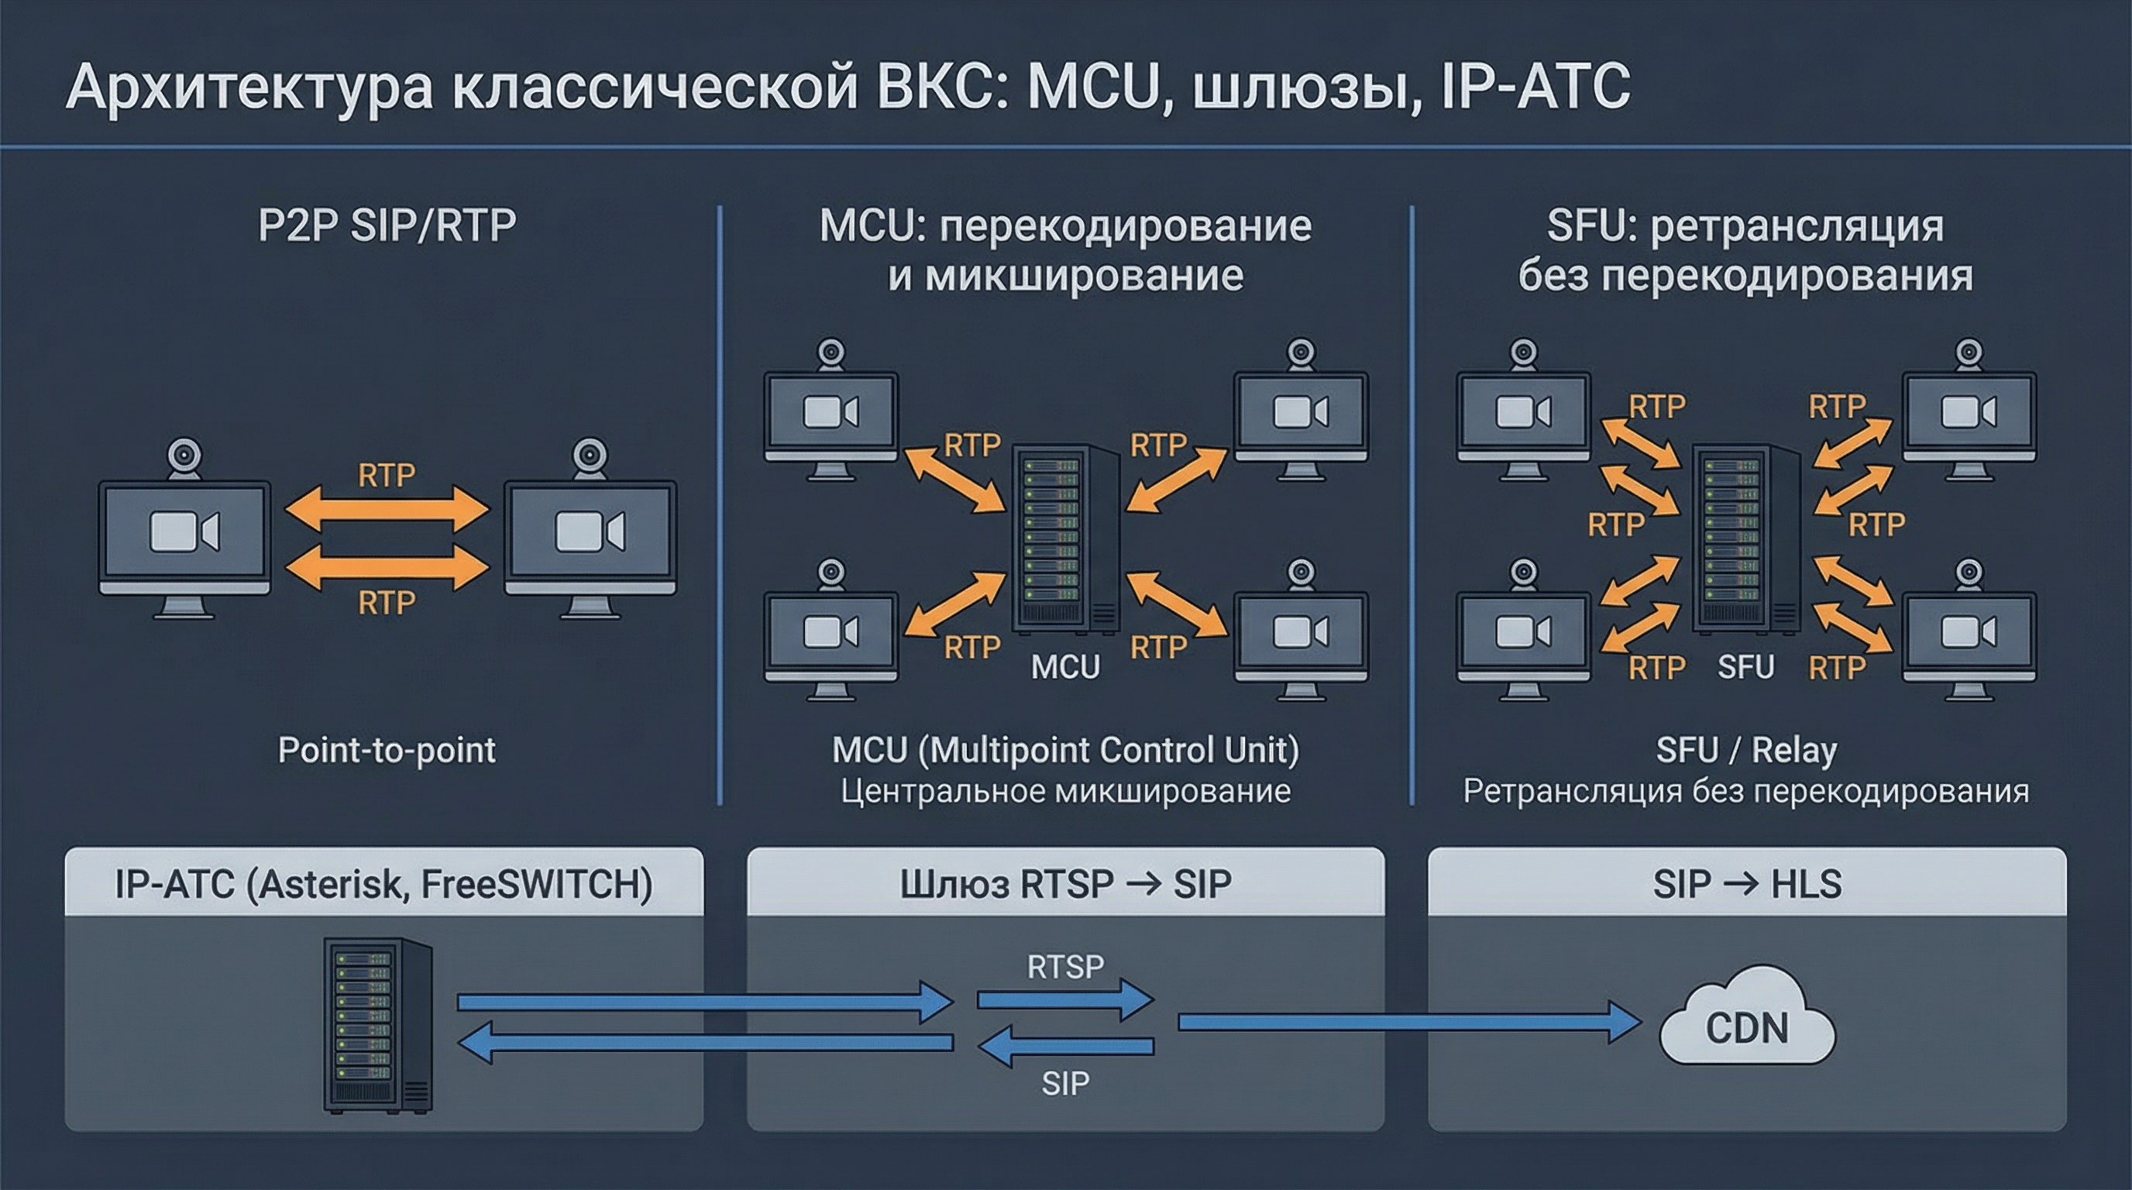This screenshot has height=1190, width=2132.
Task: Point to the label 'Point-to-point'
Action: [x=387, y=750]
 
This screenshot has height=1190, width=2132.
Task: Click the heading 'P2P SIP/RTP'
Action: [x=387, y=225]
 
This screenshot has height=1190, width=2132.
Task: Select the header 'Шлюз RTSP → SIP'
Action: [x=1065, y=884]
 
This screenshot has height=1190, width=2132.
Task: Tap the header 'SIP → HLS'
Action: [x=1747, y=884]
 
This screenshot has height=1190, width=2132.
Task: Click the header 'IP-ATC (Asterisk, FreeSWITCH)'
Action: [x=383, y=884]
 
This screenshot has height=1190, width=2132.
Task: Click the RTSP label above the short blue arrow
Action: [x=1065, y=967]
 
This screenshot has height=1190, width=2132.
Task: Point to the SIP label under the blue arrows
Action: [x=1065, y=1083]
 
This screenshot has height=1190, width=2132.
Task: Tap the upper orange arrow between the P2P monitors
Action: [x=387, y=508]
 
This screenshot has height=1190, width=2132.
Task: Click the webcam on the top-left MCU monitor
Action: [x=831, y=353]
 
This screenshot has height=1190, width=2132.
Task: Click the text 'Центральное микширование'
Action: [x=1065, y=791]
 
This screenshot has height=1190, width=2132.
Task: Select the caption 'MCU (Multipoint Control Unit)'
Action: [x=1065, y=750]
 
